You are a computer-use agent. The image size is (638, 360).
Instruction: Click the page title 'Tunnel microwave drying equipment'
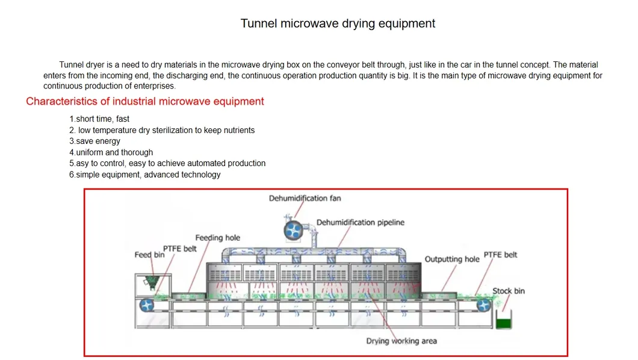(x=338, y=23)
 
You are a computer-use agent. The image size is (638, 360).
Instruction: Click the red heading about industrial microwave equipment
(x=145, y=101)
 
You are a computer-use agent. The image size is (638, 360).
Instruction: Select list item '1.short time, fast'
(x=99, y=119)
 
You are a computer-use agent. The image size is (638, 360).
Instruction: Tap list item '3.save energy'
(x=94, y=141)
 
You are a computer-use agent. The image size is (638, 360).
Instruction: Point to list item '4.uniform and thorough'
(x=111, y=152)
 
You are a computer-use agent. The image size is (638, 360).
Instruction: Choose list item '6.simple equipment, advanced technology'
(x=144, y=175)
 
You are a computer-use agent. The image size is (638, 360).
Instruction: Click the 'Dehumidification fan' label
(x=305, y=197)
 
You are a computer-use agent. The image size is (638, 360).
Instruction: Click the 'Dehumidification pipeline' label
(x=361, y=222)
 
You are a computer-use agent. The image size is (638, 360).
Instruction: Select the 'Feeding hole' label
(x=217, y=238)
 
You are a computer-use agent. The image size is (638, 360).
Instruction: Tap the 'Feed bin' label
(x=149, y=255)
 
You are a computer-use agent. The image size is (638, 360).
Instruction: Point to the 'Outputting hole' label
(x=452, y=259)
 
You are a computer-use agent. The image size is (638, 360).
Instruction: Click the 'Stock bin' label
(x=509, y=291)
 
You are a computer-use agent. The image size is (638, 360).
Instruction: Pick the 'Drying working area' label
(x=401, y=341)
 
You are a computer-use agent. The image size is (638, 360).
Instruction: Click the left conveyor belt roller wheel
(x=147, y=305)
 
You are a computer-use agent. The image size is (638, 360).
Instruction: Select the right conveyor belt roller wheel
(x=483, y=305)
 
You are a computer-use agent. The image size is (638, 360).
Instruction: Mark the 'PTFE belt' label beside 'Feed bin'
(x=179, y=249)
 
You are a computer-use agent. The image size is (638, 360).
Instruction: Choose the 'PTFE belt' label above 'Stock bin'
(x=500, y=255)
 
